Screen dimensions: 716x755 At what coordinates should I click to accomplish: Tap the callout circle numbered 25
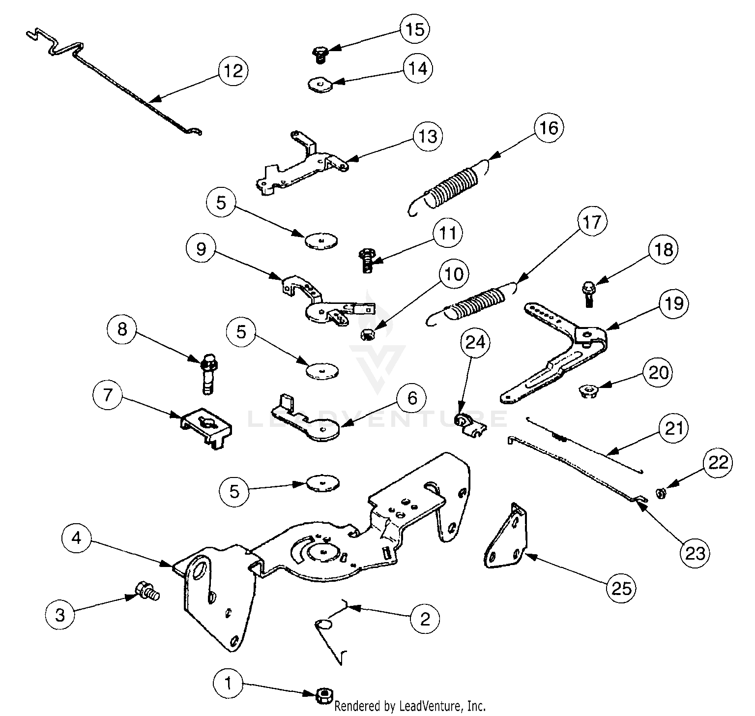(x=621, y=587)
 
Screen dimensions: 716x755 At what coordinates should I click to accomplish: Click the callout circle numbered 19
(x=674, y=303)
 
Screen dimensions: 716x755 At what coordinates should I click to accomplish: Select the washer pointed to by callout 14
(x=321, y=85)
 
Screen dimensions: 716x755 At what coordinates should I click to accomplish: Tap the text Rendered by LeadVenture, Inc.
(x=410, y=707)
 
